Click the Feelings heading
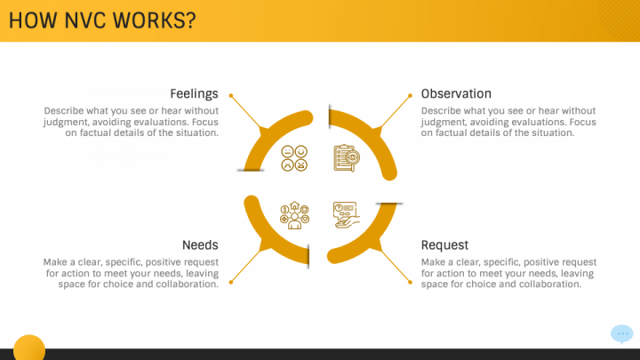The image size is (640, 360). [x=195, y=94]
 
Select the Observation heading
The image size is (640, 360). [x=456, y=93]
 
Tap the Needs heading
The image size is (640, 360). [x=200, y=245]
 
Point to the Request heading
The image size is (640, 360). [x=444, y=245]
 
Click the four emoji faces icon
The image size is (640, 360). [x=294, y=158]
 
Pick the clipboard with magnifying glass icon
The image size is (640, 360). [x=347, y=158]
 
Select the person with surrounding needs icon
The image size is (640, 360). [x=294, y=215]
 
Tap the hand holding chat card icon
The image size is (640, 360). [x=347, y=215]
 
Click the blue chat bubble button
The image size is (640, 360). [x=622, y=334]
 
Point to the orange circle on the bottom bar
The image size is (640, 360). [x=29, y=348]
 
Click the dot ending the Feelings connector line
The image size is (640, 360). [x=231, y=96]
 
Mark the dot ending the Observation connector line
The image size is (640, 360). [x=410, y=96]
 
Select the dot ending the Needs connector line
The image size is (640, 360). [x=231, y=282]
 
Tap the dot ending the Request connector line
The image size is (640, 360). [x=410, y=282]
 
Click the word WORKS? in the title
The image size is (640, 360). [x=155, y=20]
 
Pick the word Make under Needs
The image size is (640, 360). [x=53, y=262]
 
